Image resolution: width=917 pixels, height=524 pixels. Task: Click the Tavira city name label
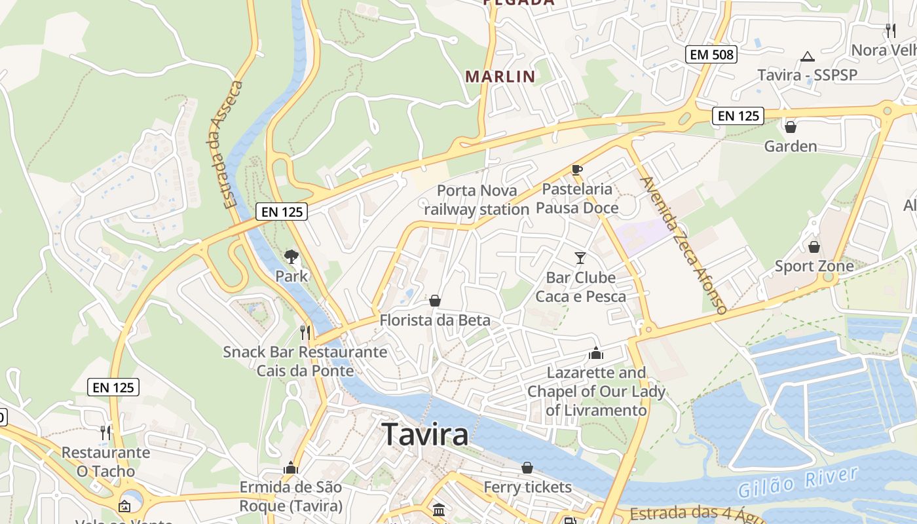[425, 434]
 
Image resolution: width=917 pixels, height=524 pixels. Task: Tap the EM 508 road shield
[711, 54]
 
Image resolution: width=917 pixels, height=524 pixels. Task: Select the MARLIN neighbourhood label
[500, 77]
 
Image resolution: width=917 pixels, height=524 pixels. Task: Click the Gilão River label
[797, 481]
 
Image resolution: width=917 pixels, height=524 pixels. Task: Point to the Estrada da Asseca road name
[227, 144]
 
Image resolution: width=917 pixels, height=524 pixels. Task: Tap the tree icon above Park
[291, 257]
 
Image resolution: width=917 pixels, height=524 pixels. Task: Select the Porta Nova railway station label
[476, 200]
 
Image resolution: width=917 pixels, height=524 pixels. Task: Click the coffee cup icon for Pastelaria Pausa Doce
[577, 170]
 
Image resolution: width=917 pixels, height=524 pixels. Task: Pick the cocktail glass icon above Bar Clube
[580, 257]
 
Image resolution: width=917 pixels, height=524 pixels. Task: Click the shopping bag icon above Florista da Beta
[434, 301]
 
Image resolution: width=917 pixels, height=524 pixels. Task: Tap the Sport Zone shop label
[814, 266]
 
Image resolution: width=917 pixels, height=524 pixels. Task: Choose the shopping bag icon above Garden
[791, 126]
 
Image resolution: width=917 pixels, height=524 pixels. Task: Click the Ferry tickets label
[527, 487]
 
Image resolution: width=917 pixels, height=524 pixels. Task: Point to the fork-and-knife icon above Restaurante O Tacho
[105, 432]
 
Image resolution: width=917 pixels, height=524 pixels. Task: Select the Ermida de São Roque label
[291, 496]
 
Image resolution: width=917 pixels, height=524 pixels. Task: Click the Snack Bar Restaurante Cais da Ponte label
[305, 361]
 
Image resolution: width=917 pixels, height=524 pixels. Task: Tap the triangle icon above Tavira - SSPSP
[808, 57]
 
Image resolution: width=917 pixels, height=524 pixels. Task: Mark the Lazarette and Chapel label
[596, 391]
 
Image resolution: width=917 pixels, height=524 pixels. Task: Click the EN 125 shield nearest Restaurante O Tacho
[113, 387]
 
